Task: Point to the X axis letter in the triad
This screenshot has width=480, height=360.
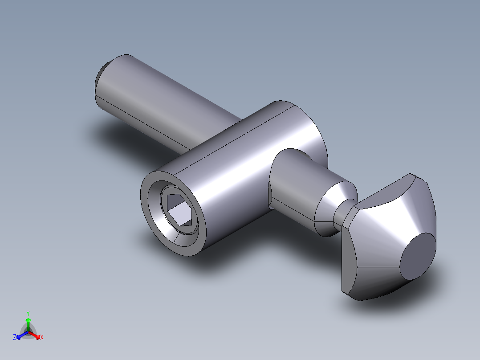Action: (x=42, y=337)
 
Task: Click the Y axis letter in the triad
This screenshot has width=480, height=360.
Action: (x=28, y=313)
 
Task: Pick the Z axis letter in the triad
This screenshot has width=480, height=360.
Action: (x=15, y=337)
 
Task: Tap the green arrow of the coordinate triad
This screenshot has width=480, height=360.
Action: (x=28, y=322)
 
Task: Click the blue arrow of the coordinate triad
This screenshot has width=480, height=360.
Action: (x=20, y=335)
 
